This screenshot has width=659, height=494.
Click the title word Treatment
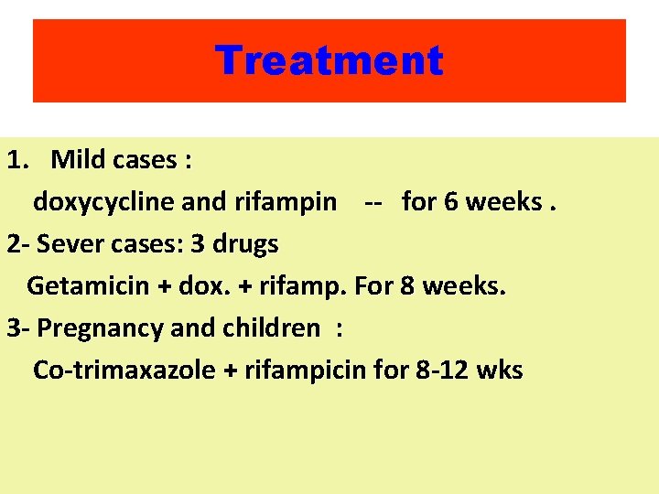(329, 61)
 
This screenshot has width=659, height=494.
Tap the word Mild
(80, 160)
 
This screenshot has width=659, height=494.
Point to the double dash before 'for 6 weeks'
(373, 202)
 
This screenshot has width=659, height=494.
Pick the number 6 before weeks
(451, 202)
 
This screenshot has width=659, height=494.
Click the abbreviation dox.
(199, 286)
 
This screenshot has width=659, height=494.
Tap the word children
(272, 328)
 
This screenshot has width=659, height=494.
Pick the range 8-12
(436, 370)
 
